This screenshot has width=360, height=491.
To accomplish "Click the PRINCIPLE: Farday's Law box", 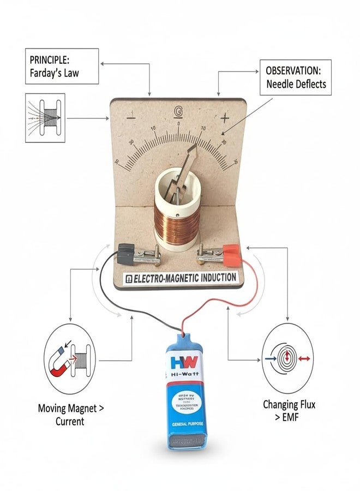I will [62, 66].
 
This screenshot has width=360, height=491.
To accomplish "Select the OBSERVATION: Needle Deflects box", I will [296, 77].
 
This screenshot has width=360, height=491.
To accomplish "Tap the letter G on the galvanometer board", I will [178, 111].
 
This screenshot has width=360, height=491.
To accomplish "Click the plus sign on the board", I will [224, 117].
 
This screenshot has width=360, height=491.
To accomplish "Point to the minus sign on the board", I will [131, 116].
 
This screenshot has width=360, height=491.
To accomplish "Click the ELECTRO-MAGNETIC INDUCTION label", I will [181, 278].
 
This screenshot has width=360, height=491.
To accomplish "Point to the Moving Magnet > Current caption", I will [69, 415].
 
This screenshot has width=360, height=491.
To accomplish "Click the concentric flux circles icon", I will [286, 358].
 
